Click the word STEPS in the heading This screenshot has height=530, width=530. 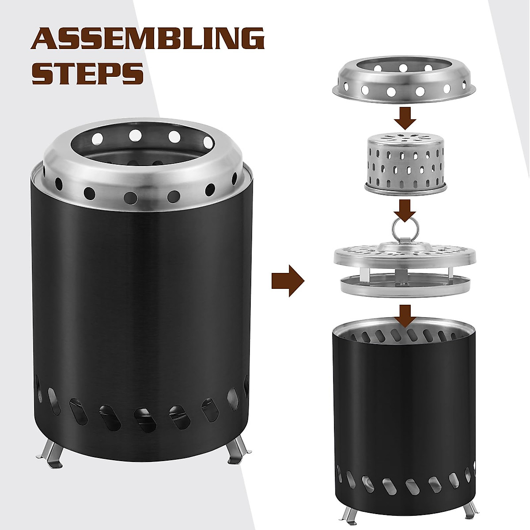(x=88, y=74)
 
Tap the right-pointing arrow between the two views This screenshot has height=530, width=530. (x=288, y=280)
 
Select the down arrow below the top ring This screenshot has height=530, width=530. (x=405, y=117)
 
